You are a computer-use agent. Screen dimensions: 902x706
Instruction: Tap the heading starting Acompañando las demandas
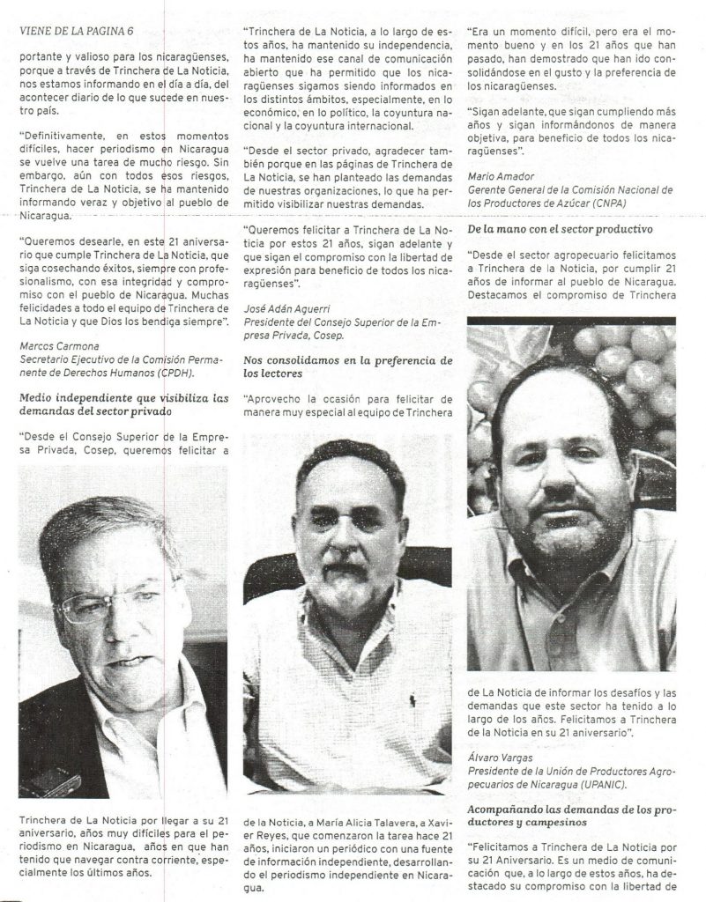[571, 806]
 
